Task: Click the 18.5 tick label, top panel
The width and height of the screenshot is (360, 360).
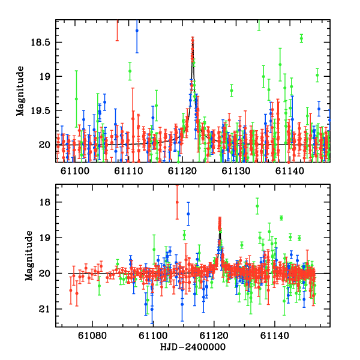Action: tap(42, 43)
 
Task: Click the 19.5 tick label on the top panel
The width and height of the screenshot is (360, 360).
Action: tap(42, 111)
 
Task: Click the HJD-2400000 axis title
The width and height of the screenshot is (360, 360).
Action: tap(193, 347)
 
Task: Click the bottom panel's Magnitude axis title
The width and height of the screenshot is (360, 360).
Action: tap(28, 256)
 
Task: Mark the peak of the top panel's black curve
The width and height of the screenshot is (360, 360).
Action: tap(193, 38)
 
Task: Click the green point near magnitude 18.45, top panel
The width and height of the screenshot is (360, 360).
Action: tap(301, 38)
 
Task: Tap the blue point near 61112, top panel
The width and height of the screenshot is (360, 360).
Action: tap(137, 30)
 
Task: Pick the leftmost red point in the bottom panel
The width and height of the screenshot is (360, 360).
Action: tap(71, 290)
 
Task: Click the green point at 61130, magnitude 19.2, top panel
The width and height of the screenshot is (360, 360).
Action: tap(232, 91)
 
